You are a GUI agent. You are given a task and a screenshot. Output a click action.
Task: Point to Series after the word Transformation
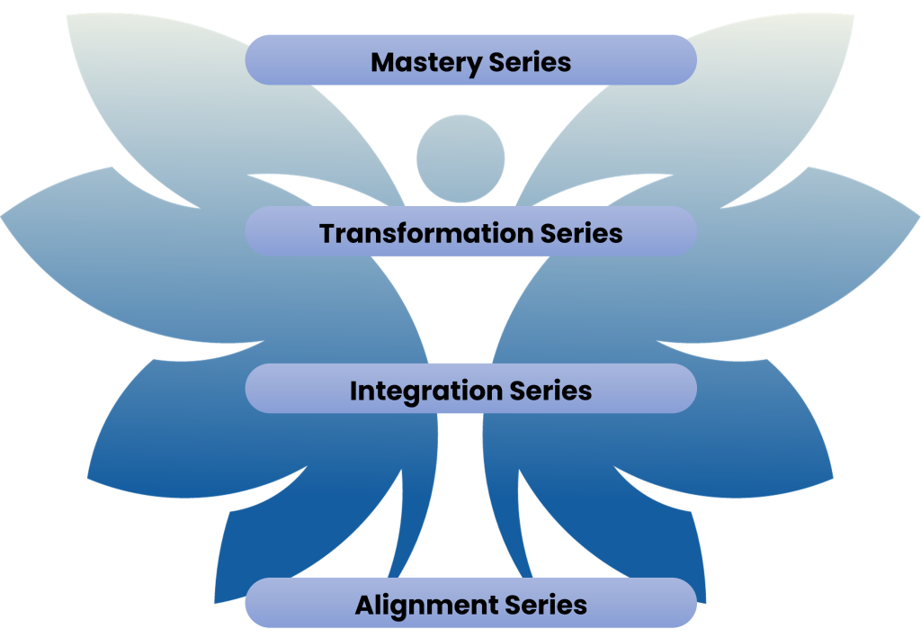click(x=581, y=233)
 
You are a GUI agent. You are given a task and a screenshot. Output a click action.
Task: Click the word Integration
click(x=425, y=391)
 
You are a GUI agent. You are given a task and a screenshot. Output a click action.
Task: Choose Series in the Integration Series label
click(x=550, y=391)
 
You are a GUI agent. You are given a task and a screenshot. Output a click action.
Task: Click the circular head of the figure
click(x=460, y=159)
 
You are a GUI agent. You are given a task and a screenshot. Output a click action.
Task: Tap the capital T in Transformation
click(x=328, y=233)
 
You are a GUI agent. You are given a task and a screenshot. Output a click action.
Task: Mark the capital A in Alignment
click(x=364, y=605)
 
